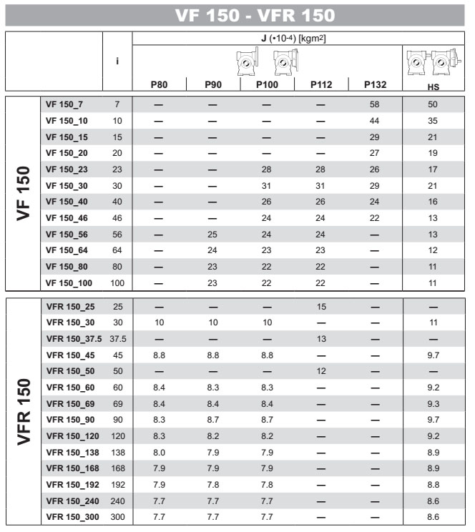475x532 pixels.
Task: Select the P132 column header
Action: tap(375, 84)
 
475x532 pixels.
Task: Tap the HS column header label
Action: tap(433, 87)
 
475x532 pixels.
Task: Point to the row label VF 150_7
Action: tap(64, 104)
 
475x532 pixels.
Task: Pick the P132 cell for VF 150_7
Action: tap(375, 104)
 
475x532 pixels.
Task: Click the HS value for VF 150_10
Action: tap(433, 120)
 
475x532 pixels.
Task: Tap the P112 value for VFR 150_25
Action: tap(320, 306)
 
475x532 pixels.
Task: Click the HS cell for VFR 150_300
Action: tap(433, 516)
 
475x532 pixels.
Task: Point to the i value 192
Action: tap(117, 484)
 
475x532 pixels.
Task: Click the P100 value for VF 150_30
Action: tap(266, 184)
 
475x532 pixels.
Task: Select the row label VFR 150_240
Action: tap(72, 501)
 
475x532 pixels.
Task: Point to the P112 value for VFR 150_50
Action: tap(320, 371)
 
